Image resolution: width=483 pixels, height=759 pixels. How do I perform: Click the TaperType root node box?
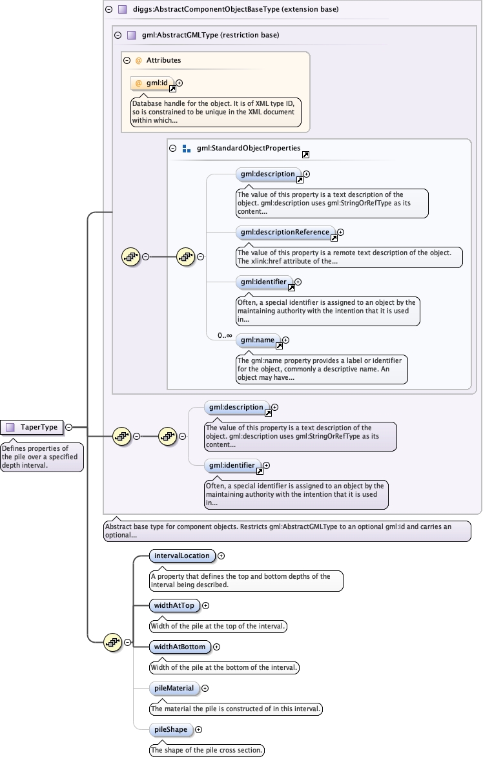click(32, 428)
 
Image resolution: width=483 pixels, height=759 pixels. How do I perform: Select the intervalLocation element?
click(181, 556)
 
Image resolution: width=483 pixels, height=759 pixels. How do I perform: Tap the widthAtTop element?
click(174, 605)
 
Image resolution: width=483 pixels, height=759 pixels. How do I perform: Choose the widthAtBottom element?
click(180, 647)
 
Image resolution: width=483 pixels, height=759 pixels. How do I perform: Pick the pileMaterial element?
click(174, 688)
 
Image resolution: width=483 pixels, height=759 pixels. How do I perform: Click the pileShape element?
click(170, 729)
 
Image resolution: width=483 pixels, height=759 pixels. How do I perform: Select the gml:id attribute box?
click(152, 83)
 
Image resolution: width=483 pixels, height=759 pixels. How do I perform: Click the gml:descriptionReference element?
click(285, 233)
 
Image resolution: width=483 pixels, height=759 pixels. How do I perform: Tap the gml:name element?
click(258, 340)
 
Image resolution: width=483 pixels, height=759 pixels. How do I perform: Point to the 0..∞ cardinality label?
click(225, 335)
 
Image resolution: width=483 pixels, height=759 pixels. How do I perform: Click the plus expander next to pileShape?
click(198, 729)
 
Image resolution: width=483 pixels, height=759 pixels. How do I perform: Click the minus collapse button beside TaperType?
click(68, 428)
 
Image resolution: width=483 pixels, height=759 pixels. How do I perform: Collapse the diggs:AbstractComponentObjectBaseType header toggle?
click(109, 9)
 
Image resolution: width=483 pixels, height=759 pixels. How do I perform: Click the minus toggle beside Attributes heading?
click(127, 61)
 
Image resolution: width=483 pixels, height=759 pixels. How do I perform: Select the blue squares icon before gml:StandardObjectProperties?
click(187, 149)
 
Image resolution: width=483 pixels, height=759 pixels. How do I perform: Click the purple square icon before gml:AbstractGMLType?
click(132, 36)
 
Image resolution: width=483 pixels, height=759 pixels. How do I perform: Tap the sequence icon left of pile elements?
click(113, 642)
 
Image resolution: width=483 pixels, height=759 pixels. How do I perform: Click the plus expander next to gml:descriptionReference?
click(341, 233)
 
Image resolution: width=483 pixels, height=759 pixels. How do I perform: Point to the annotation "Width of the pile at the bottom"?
click(224, 667)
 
